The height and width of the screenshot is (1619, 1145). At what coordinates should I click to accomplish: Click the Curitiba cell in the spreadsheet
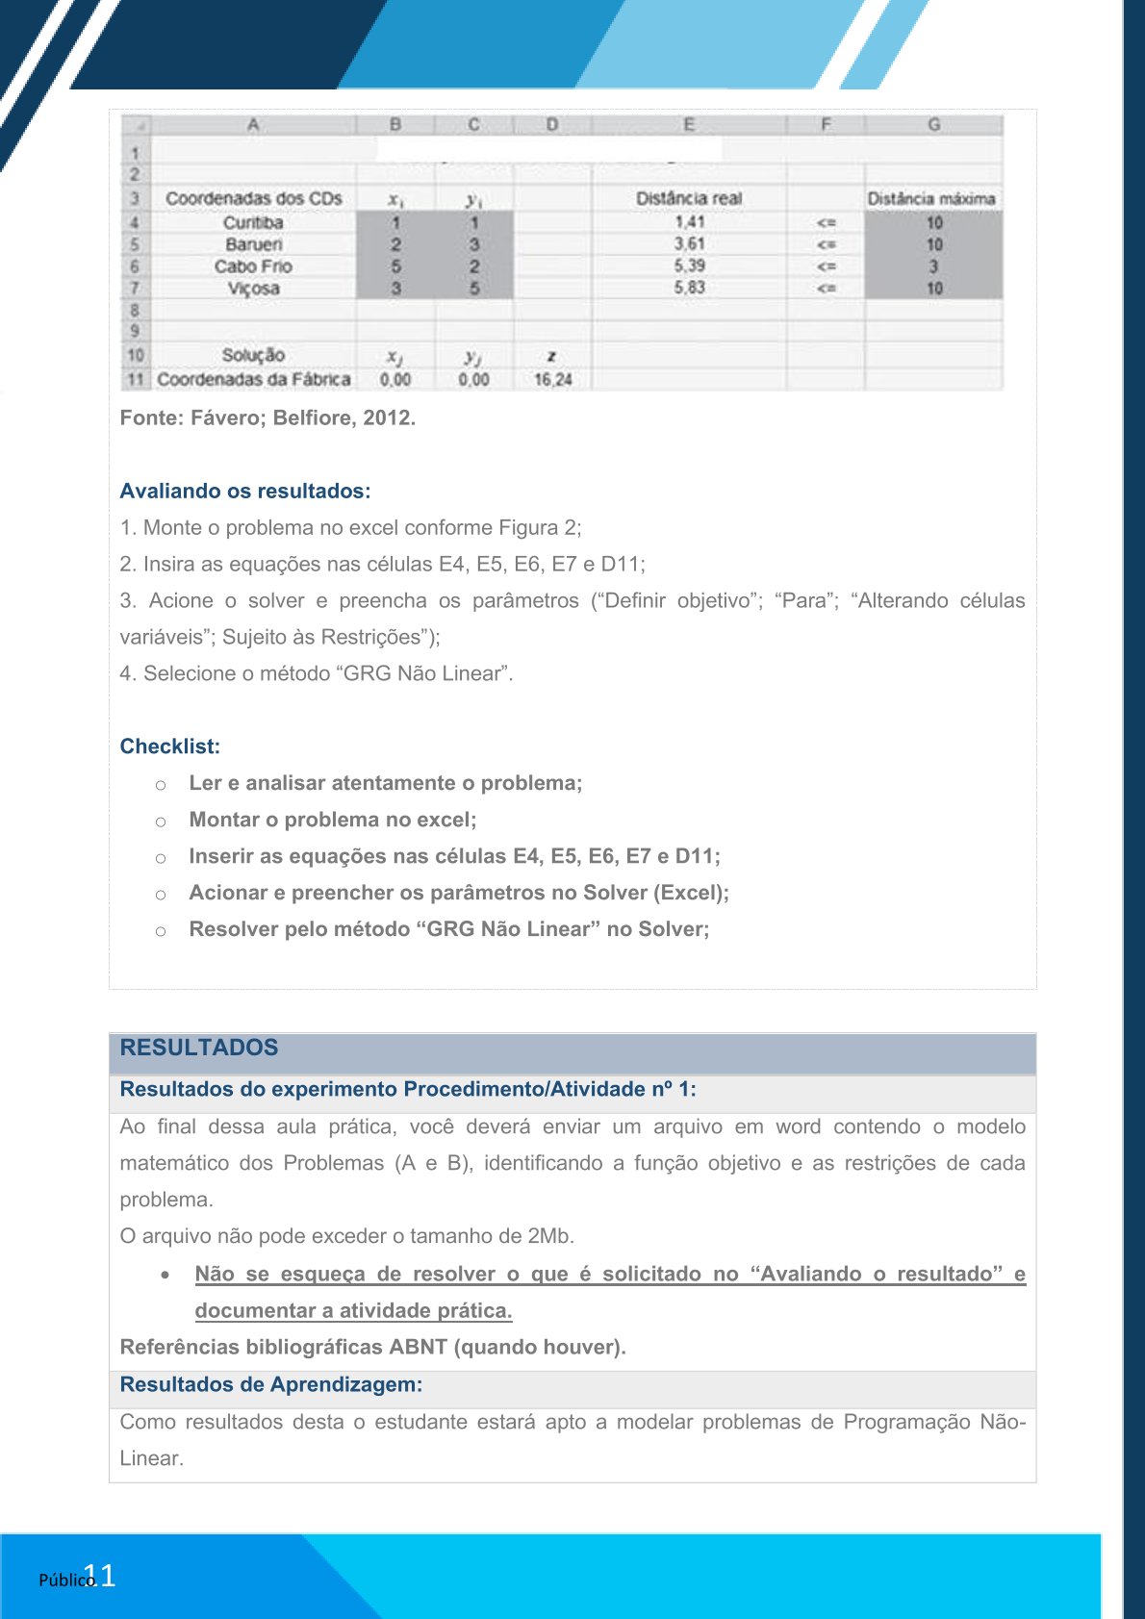click(x=253, y=222)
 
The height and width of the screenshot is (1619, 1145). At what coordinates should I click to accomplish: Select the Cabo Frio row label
click(x=253, y=266)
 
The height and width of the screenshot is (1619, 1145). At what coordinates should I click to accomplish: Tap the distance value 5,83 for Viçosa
click(x=689, y=288)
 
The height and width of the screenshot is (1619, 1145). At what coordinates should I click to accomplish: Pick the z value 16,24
click(x=552, y=379)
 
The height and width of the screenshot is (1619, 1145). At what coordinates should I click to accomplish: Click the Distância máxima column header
click(x=931, y=198)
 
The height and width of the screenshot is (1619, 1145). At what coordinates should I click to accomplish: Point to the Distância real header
click(x=689, y=198)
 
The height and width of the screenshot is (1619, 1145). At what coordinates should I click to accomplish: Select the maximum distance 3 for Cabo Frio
click(x=933, y=266)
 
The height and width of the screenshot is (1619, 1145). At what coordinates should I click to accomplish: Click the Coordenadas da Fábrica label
click(x=254, y=379)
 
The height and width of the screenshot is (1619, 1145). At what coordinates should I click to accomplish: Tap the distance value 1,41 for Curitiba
click(x=689, y=222)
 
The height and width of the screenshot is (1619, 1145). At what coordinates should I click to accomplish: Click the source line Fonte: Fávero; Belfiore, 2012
click(x=267, y=417)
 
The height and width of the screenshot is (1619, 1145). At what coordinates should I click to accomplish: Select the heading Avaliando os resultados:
click(x=245, y=491)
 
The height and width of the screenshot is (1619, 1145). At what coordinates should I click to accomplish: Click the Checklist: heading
click(x=170, y=746)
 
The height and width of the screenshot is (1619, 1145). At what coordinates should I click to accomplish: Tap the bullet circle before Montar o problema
click(x=161, y=822)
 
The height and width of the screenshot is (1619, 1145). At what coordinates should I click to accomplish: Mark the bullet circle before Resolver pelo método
click(x=161, y=931)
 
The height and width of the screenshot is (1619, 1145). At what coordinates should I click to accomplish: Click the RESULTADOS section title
click(x=199, y=1048)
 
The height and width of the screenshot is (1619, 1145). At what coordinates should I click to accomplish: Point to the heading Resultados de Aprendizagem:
click(x=271, y=1384)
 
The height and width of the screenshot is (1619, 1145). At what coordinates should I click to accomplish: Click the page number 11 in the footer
click(x=100, y=1575)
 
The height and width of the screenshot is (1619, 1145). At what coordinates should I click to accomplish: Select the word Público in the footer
click(x=64, y=1580)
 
